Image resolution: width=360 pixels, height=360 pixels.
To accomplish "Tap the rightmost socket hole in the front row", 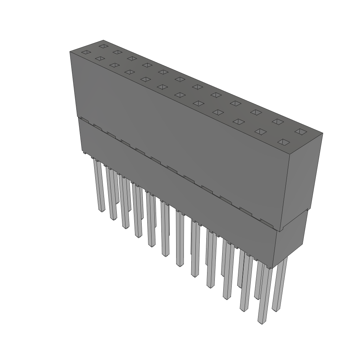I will (284, 142).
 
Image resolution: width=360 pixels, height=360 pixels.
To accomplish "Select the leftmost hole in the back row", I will (103, 46).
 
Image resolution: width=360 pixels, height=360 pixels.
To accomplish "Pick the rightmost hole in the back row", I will (301, 131).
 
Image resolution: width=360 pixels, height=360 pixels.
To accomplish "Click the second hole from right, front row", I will (261, 131).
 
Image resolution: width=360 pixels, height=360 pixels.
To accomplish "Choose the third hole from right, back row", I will (256, 112).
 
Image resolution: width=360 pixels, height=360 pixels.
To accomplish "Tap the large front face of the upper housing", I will (176, 134).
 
